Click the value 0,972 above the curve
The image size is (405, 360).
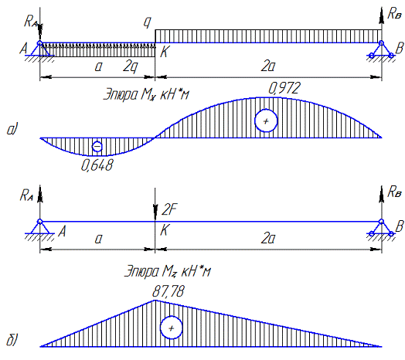284,88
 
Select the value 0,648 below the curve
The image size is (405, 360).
97,165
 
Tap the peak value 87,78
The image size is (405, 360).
168,292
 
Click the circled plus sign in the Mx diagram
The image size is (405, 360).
266,121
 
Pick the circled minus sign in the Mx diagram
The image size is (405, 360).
97,147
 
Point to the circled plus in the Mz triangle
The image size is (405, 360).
172,328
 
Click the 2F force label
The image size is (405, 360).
170,209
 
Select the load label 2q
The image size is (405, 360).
131,67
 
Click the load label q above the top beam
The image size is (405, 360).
148,22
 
